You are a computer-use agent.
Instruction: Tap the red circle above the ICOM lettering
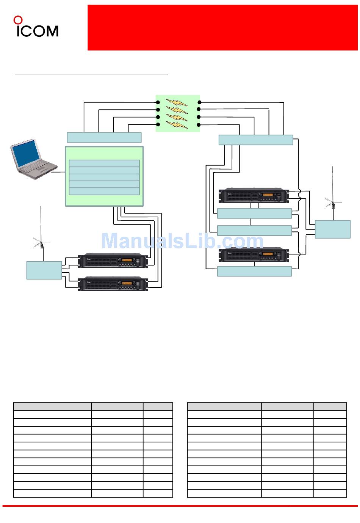pos(18,20)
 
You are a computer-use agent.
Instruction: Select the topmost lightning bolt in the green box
pos(177,102)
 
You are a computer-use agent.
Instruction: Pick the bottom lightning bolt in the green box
pos(177,124)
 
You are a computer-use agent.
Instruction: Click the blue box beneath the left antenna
pos(44,270)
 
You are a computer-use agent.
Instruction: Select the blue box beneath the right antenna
pos(332,229)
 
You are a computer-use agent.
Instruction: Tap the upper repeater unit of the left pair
pos(113,261)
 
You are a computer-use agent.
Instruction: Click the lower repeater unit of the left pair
pos(113,283)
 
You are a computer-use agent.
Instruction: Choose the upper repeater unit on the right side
pos(254,195)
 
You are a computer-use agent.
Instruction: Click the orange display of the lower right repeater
pos(268,254)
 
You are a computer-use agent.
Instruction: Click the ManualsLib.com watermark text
pos(182,241)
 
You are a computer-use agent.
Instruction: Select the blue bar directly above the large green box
pos(104,137)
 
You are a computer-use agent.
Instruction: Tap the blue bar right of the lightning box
pos(256,140)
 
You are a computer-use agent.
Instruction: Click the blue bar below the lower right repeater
pos(254,271)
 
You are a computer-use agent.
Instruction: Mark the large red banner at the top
pos(222,27)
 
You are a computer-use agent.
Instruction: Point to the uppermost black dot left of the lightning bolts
pos(158,102)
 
